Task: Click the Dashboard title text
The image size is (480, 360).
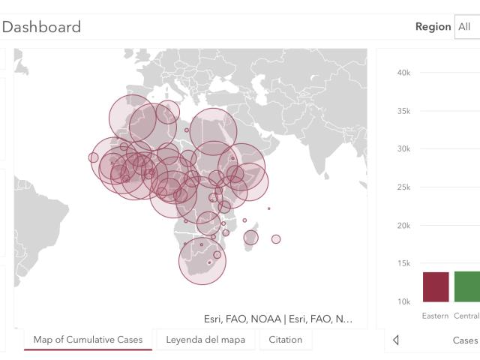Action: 41,27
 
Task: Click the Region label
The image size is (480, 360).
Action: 433,27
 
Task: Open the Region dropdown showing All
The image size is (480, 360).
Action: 467,27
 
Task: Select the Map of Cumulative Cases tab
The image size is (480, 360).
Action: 88,340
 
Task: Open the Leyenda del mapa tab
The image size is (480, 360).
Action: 205,340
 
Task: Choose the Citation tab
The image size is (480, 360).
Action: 285,340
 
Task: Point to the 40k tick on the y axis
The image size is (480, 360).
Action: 403,73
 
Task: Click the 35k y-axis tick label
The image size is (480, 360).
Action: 403,111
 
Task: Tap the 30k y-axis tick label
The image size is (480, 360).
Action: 403,148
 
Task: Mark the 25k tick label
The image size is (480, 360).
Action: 403,187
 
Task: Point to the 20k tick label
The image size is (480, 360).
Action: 403,226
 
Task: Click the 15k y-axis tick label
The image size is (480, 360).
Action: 403,263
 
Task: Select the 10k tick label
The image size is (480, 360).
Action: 403,301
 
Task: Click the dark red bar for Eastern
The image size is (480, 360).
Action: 436,286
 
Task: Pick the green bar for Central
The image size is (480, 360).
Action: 467,286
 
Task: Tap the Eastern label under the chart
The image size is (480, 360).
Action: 435,316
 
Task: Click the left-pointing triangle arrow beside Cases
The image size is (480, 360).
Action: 396,340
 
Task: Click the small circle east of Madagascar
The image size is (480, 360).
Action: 276,239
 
